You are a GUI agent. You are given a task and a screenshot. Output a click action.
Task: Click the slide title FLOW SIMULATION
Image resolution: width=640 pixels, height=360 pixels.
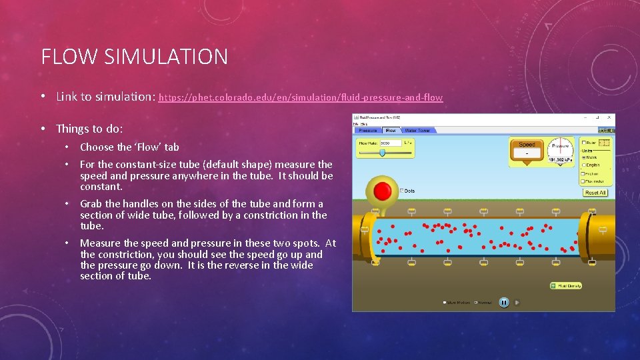pyautogui.click(x=134, y=57)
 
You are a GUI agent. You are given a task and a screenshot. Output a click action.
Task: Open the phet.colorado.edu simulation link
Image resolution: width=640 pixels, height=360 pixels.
pyautogui.click(x=300, y=97)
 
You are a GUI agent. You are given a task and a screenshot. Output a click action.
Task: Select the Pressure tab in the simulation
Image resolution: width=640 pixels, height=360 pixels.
pyautogui.click(x=369, y=131)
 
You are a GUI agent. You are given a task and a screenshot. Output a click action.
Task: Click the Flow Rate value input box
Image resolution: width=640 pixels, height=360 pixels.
pyautogui.click(x=390, y=143)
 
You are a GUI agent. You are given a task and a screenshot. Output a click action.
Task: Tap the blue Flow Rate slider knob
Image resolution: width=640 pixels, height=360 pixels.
pyautogui.click(x=382, y=153)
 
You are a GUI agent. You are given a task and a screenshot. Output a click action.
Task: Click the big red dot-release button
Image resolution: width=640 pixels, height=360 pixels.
pyautogui.click(x=383, y=191)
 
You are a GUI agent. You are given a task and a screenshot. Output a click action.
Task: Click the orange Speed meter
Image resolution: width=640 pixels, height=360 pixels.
pyautogui.click(x=527, y=149)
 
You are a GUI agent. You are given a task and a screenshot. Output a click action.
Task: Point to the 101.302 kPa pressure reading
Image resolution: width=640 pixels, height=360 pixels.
pyautogui.click(x=561, y=160)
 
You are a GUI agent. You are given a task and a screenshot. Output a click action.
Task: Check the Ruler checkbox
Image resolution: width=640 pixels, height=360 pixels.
pyautogui.click(x=583, y=142)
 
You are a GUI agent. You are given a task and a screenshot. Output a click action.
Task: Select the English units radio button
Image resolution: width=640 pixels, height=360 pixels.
pyautogui.click(x=583, y=165)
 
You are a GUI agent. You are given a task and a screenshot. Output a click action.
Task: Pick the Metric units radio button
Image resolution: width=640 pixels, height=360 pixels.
pyautogui.click(x=583, y=157)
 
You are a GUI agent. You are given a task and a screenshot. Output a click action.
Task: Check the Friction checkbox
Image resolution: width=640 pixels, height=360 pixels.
pyautogui.click(x=583, y=173)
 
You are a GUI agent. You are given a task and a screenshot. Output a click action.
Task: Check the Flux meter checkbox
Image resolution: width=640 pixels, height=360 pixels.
pyautogui.click(x=583, y=181)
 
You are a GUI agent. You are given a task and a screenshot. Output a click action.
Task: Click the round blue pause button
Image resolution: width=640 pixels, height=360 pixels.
pyautogui.click(x=504, y=302)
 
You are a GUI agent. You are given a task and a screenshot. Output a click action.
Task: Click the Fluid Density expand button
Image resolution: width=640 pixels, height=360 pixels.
pyautogui.click(x=553, y=286)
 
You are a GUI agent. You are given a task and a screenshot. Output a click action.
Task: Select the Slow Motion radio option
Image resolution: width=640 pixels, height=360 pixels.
pyautogui.click(x=445, y=303)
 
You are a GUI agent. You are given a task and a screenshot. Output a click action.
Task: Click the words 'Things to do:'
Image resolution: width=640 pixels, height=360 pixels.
pyautogui.click(x=89, y=129)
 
